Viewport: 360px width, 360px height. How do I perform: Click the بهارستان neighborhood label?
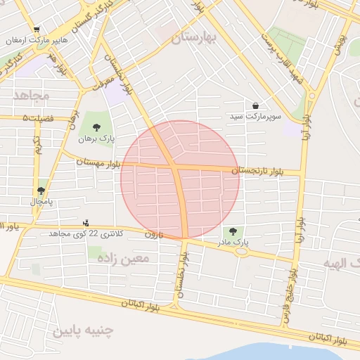tap(193, 37)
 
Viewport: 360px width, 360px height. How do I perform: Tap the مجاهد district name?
tap(30, 95)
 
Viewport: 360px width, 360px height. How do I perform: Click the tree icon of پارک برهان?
tap(96, 127)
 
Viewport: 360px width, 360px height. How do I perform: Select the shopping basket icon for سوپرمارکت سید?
tap(255, 105)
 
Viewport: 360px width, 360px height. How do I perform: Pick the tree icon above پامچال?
tap(41, 191)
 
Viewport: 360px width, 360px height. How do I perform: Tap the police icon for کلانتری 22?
tap(86, 223)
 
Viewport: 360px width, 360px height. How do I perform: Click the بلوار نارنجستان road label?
tap(256, 171)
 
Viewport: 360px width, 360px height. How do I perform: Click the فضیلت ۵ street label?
tap(38, 118)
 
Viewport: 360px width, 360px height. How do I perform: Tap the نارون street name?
tap(153, 234)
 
